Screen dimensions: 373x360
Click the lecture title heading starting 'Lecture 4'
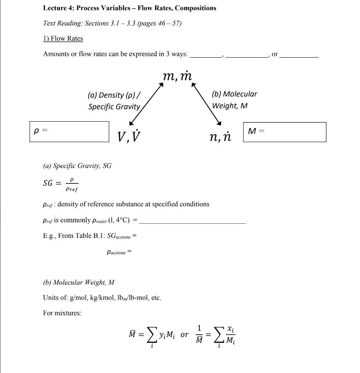[129, 8]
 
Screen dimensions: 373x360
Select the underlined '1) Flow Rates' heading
[63, 38]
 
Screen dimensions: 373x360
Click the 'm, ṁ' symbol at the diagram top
[177, 76]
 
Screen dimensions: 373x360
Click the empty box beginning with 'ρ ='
[69, 132]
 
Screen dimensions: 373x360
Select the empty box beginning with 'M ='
[284, 132]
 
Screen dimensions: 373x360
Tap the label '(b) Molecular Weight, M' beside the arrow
[234, 100]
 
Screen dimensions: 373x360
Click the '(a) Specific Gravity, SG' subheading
[77, 166]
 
